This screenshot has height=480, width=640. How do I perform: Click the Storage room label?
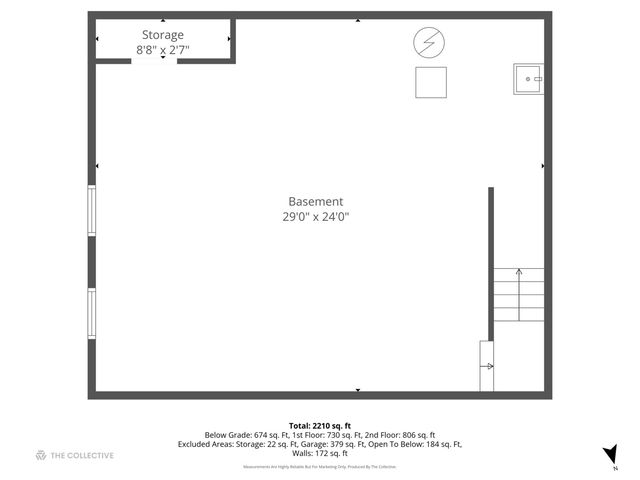point(161,35)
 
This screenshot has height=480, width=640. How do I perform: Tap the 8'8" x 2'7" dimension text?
point(163,49)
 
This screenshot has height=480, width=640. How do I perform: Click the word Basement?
point(316,201)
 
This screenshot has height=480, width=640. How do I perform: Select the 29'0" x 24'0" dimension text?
point(316,216)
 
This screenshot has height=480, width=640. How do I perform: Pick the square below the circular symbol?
point(431,82)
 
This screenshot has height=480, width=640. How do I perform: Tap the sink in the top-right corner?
point(527,78)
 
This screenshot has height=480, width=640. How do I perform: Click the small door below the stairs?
point(487,366)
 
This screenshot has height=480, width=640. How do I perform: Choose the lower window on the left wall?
point(92,313)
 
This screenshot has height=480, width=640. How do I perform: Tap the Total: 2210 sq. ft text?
point(320,426)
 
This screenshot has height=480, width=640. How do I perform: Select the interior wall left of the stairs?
point(491,265)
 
